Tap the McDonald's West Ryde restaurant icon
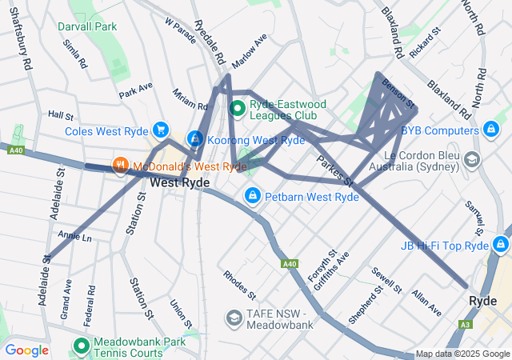point(121,166)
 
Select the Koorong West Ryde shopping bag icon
point(194,139)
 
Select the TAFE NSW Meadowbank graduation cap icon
point(234,318)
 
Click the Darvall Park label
point(87,26)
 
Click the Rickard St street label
point(425,44)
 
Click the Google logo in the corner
point(26,350)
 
